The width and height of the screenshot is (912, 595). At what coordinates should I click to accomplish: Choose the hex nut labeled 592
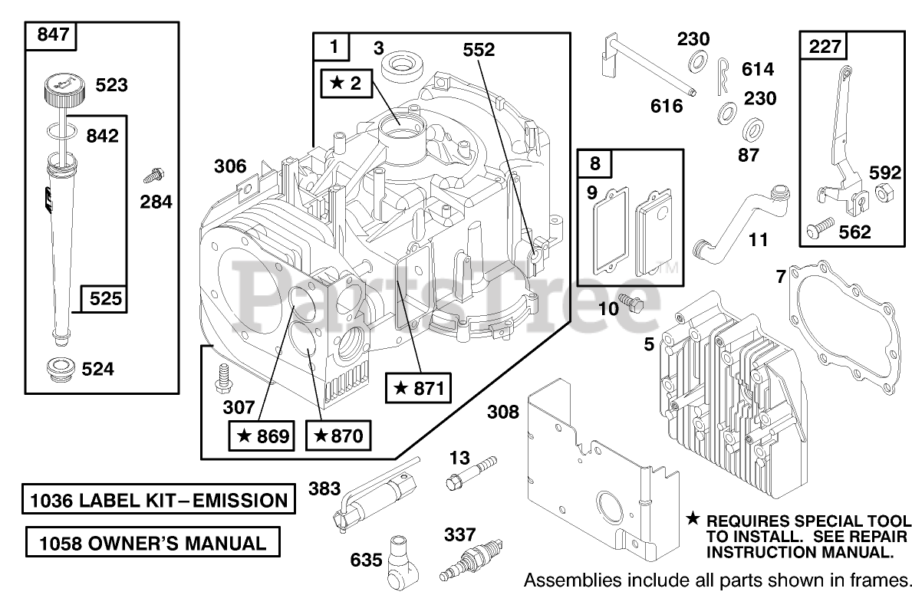pyautogui.click(x=882, y=192)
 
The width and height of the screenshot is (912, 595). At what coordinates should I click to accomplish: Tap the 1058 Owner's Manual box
pyautogui.click(x=151, y=544)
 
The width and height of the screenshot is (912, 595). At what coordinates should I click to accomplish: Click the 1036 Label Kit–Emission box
pyautogui.click(x=158, y=501)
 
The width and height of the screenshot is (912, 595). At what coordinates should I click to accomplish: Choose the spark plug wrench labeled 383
pyautogui.click(x=371, y=491)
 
